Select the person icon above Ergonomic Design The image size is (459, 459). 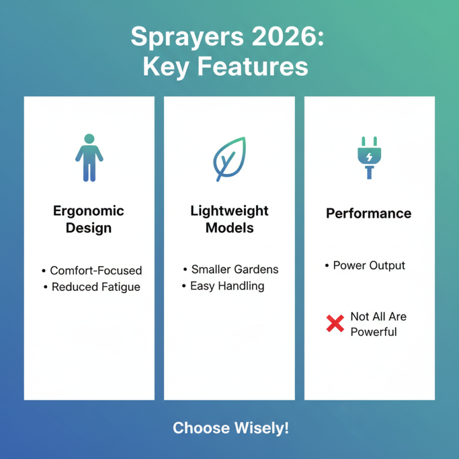point(89,158)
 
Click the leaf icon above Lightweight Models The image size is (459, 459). point(229,158)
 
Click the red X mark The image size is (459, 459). point(334,324)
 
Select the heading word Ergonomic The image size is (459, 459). point(89,211)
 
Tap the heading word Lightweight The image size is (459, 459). point(229,211)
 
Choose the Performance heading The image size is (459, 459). point(369,213)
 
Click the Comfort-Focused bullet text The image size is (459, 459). point(96,270)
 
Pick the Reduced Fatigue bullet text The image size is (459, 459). point(96,287)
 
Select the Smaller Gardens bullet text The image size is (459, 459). point(235,269)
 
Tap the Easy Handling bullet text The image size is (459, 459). point(227,285)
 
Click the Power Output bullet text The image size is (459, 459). point(369,266)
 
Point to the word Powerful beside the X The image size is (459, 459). point(374,332)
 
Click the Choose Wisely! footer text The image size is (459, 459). point(231,428)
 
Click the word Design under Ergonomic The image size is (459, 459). point(89,227)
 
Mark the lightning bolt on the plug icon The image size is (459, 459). point(369,156)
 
